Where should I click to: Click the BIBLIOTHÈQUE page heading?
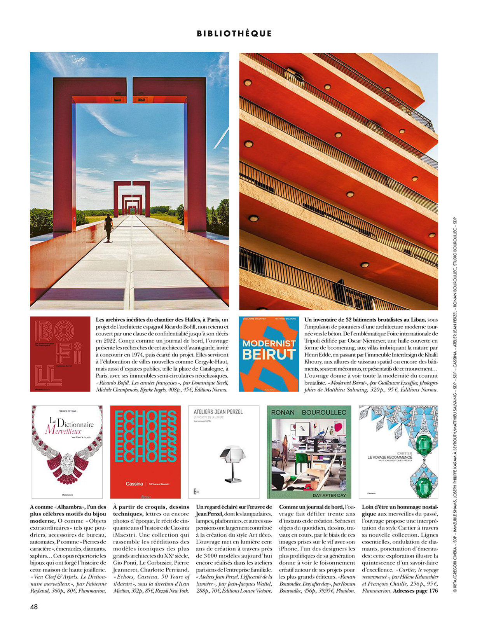pos(234,33)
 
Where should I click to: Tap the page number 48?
pos(34,606)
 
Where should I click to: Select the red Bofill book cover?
pos(60,354)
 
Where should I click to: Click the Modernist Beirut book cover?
pos(269,354)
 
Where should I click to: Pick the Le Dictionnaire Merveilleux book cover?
pos(67,452)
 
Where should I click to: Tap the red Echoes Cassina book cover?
pos(145,452)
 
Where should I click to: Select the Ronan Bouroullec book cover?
pos(309,452)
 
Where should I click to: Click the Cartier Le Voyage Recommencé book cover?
pos(398,452)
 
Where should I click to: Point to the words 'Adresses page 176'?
pos(416,591)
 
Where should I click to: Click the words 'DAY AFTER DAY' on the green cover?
pos(329,495)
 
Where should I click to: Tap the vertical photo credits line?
pos(455,404)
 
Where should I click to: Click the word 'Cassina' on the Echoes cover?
pos(134,484)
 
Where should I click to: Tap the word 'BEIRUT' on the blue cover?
pos(269,354)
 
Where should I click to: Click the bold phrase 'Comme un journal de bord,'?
pos(311,507)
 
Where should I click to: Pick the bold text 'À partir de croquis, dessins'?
pos(151,507)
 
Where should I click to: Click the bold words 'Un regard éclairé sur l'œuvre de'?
pos(234,507)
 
